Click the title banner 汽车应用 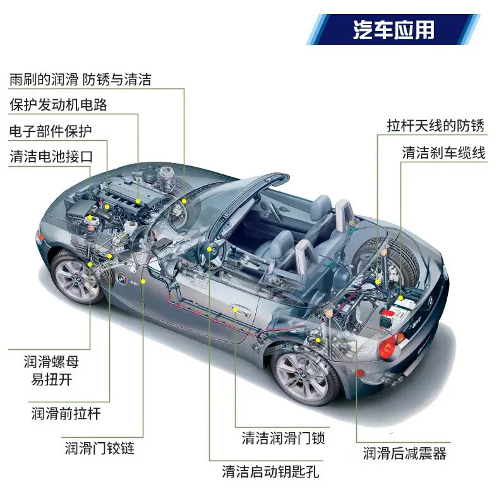point(394,29)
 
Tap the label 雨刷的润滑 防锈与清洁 point(80,80)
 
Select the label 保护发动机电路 point(58,105)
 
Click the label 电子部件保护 point(51,131)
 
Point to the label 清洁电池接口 point(51,156)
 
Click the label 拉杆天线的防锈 point(436,125)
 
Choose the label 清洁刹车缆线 point(444,153)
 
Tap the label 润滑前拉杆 point(66,414)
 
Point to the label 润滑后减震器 point(404,453)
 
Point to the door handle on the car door point(239,310)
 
